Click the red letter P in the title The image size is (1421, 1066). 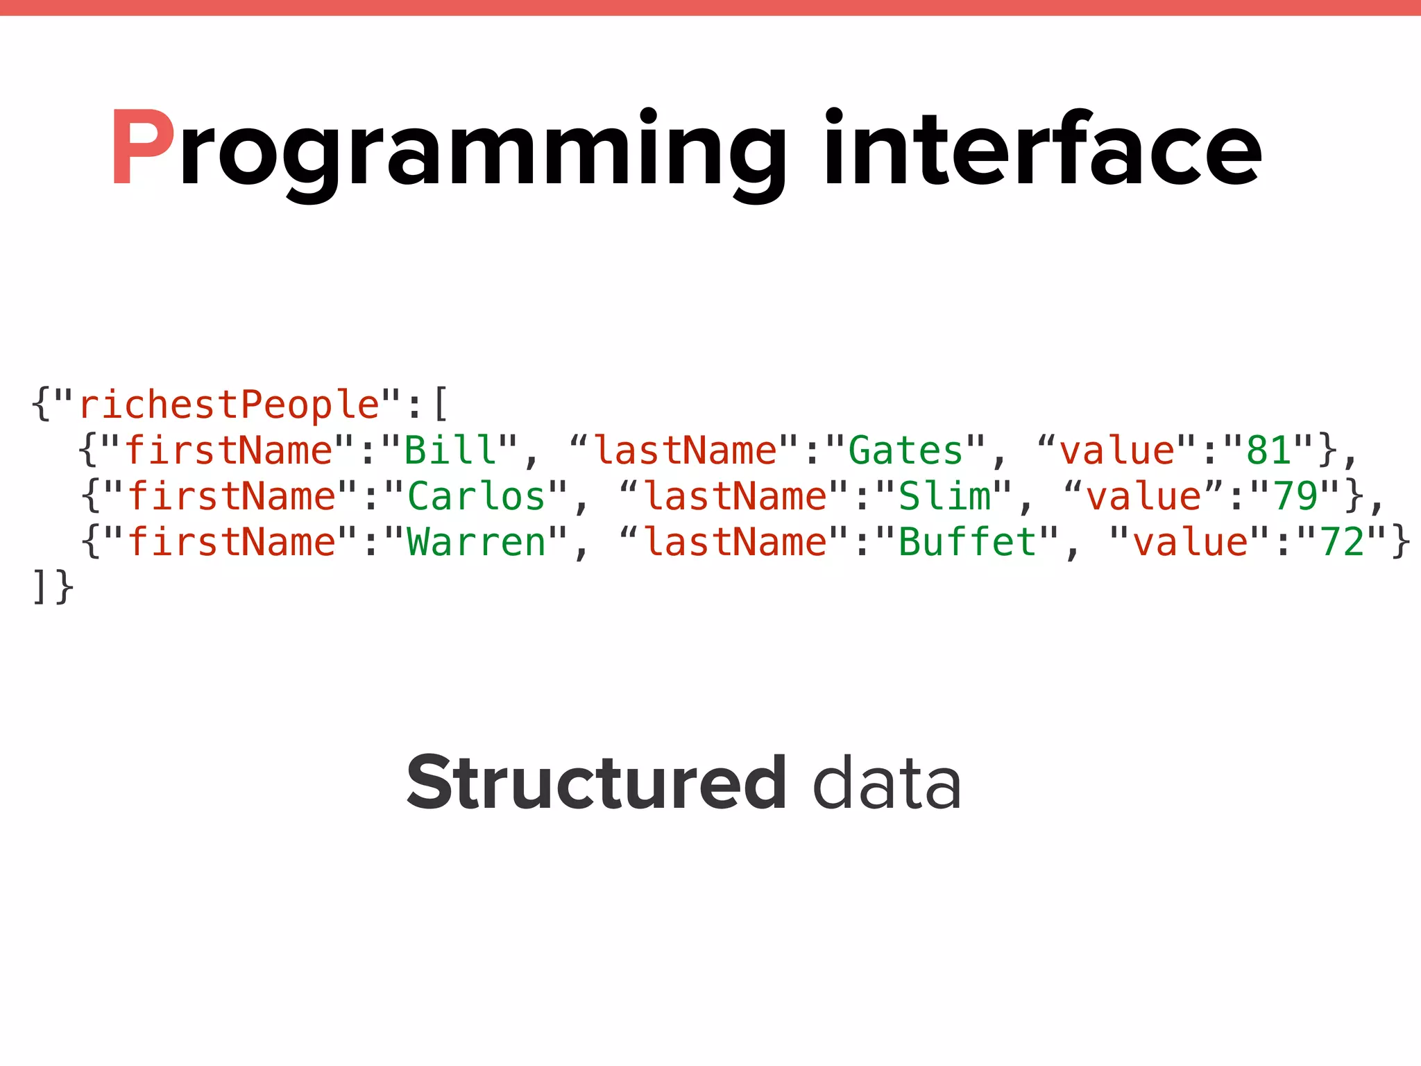click(x=142, y=148)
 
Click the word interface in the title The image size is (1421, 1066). click(x=1042, y=148)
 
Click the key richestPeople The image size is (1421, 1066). click(x=229, y=405)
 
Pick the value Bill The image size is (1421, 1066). click(x=451, y=450)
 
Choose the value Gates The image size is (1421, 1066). click(x=906, y=450)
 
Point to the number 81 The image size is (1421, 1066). click(x=1269, y=450)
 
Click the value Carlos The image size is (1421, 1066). click(x=477, y=496)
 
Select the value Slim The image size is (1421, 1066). click(x=944, y=496)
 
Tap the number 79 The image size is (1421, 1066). click(x=1295, y=496)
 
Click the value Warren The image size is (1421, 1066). click(x=477, y=542)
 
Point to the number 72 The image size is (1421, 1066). click(x=1343, y=542)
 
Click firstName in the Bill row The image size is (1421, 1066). click(x=229, y=450)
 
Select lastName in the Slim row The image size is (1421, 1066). click(x=736, y=496)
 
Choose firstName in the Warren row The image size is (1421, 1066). click(x=232, y=542)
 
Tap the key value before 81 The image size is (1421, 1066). click(x=1117, y=450)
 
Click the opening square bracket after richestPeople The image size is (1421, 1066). click(x=440, y=405)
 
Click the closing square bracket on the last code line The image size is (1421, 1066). click(x=39, y=587)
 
